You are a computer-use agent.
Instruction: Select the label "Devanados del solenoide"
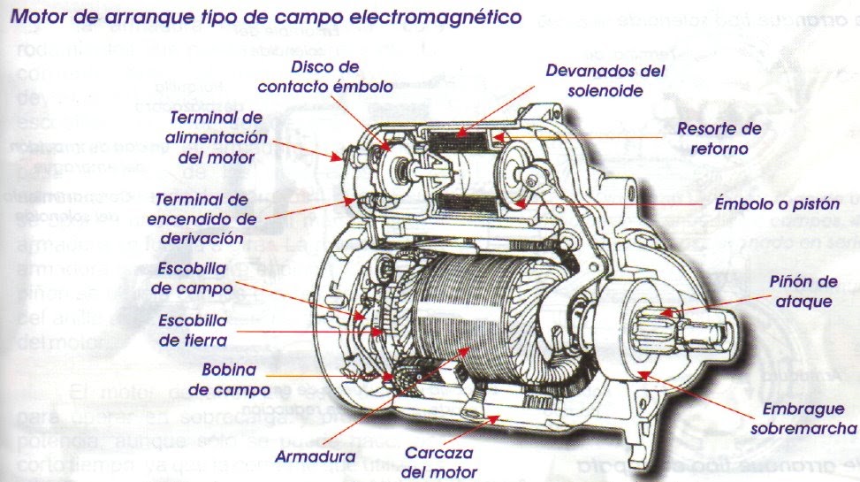(x=605, y=80)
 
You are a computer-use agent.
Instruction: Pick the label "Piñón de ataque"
(x=801, y=291)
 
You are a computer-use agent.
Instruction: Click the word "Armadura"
(x=314, y=456)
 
